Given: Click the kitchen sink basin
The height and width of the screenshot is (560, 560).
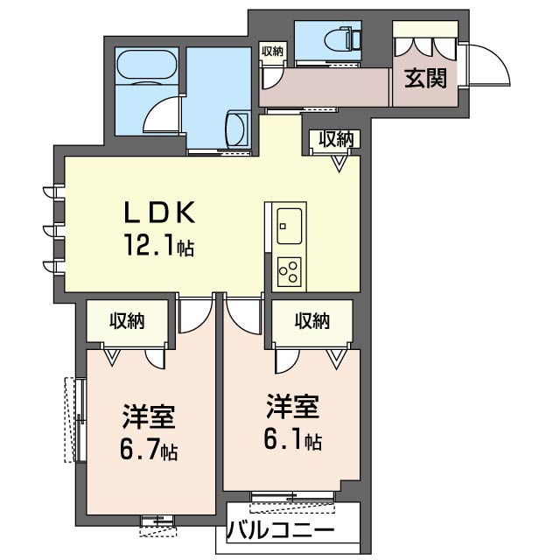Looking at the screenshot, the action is click(x=289, y=226).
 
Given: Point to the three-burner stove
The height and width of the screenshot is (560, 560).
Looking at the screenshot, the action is click(x=289, y=271).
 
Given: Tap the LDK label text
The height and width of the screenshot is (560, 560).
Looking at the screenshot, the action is click(x=159, y=213).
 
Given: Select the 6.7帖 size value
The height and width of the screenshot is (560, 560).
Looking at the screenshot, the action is click(x=149, y=451).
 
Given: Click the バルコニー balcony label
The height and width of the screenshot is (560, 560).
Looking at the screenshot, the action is click(x=281, y=529).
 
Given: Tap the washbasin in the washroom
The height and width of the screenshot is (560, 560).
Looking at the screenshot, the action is click(x=237, y=129).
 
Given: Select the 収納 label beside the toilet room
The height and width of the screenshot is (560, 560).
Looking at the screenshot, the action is click(x=272, y=52).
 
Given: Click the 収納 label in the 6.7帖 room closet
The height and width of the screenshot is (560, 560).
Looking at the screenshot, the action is click(x=127, y=321).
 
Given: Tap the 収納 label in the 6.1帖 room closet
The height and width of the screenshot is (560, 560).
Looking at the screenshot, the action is click(x=312, y=321).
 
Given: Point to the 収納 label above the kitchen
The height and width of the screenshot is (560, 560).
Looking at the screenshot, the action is click(x=336, y=139).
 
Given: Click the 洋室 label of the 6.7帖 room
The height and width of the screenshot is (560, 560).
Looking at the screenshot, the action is click(x=149, y=416).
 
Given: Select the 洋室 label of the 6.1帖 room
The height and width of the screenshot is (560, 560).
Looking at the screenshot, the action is click(x=292, y=406).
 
